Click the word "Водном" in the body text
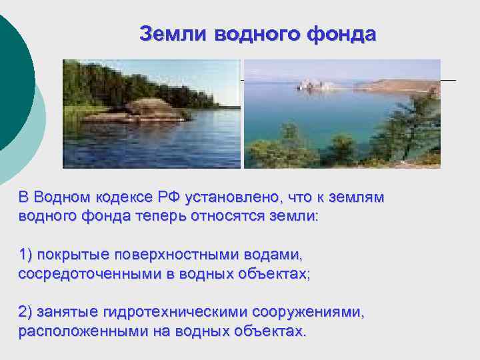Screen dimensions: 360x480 pos(61,197)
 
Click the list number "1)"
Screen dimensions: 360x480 pos(26,255)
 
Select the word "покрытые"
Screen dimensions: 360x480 pos(73,255)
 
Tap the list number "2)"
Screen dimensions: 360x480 pos(26,312)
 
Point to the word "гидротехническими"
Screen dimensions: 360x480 pos(167,312)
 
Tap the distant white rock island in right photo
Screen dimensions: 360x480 pos(310,84)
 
